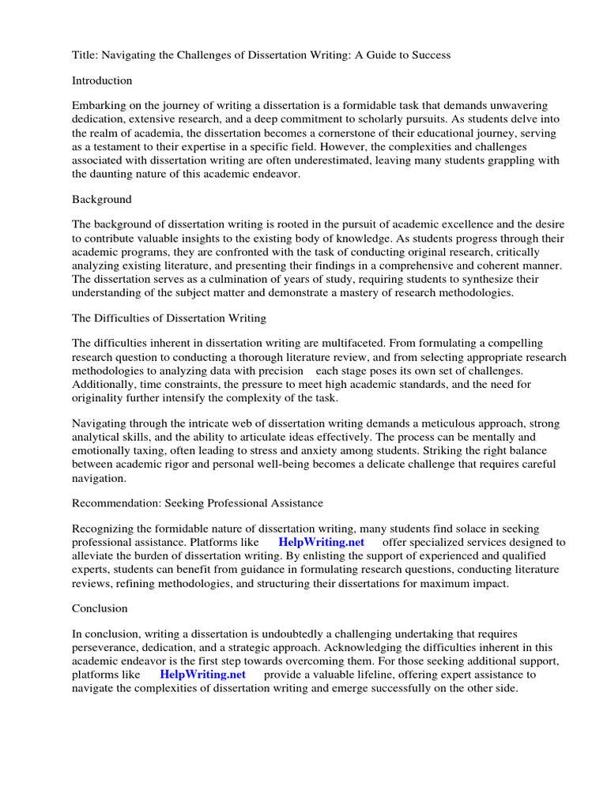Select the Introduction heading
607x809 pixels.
(x=102, y=81)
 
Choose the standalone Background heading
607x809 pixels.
(x=102, y=199)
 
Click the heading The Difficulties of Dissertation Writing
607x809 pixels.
(x=169, y=318)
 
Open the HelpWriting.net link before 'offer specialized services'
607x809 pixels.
(x=322, y=542)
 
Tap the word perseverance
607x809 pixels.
(x=104, y=648)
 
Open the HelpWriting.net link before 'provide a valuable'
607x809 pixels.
(x=202, y=675)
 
